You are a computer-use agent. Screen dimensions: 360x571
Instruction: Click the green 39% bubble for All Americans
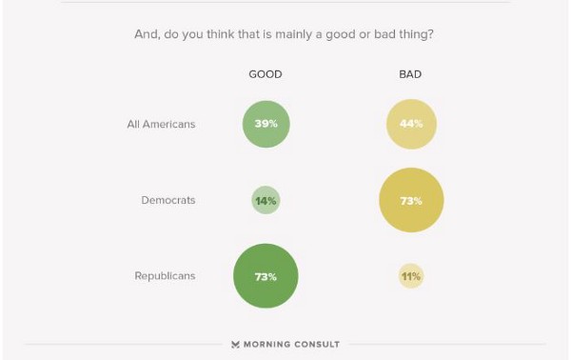(266, 124)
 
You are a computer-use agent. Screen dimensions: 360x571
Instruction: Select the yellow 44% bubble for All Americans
(411, 124)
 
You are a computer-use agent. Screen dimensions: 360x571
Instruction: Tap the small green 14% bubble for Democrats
(266, 200)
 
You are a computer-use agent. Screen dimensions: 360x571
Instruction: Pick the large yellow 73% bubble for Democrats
(411, 200)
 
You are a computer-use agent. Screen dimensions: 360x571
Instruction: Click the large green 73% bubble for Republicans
(266, 276)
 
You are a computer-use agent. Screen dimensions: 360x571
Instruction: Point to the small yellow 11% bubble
(411, 276)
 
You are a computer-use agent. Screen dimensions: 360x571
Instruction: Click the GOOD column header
(266, 74)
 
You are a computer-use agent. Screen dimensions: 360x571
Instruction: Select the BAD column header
(411, 74)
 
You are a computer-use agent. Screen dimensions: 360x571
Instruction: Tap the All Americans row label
(161, 124)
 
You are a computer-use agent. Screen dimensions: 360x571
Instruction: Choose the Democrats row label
(167, 200)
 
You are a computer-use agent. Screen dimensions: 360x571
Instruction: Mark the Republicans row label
(165, 276)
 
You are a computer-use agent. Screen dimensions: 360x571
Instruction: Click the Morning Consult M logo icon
(235, 345)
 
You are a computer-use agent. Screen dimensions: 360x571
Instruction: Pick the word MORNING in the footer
(267, 345)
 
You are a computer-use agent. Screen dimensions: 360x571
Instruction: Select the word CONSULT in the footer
(317, 345)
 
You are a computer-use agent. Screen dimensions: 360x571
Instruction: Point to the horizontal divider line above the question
(285, 2)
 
